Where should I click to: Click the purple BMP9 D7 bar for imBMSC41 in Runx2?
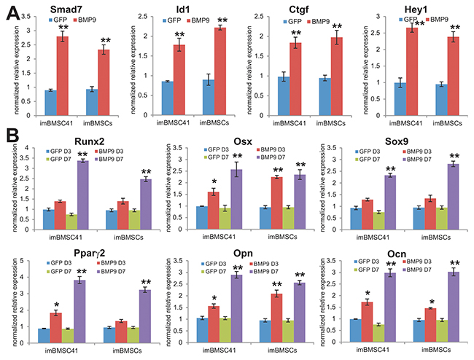click(82, 187)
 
